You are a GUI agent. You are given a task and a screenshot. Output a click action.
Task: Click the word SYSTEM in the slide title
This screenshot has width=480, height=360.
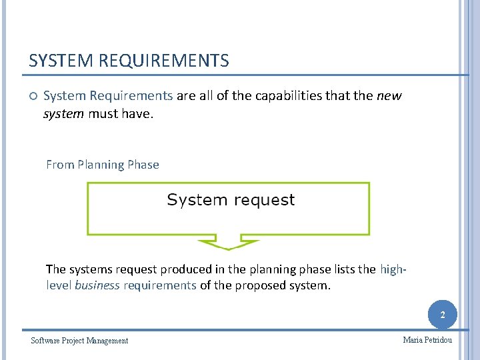(61, 61)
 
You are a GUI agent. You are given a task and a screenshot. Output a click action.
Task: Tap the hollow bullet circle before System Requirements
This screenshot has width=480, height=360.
(33, 96)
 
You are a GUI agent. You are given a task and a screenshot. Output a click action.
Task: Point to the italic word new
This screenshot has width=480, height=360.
(389, 96)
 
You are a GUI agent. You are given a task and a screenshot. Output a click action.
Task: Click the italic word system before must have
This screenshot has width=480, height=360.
(63, 114)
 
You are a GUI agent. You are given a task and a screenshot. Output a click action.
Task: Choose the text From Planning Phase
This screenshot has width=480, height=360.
(103, 165)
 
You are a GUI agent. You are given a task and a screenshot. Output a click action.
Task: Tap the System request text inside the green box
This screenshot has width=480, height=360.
(231, 200)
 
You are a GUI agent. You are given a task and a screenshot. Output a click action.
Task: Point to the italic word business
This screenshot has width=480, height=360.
(97, 285)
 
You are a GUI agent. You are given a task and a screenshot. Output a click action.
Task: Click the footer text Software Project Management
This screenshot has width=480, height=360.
(79, 341)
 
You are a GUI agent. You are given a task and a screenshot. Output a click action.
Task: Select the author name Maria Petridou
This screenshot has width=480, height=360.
(427, 340)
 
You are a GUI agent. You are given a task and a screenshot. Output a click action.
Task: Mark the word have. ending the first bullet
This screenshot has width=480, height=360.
(138, 114)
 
